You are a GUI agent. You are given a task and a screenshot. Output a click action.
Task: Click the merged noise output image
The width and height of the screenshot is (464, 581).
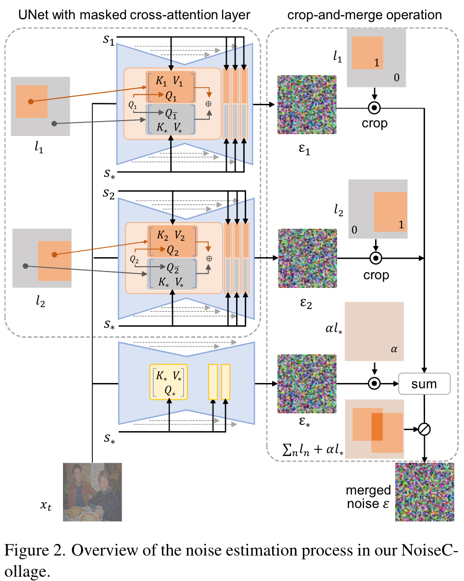pos(425,492)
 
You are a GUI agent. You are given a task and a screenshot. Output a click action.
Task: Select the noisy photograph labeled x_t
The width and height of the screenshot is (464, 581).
pos(92,492)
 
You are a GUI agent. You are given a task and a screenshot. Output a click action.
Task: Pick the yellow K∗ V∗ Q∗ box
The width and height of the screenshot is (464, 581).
pos(169,382)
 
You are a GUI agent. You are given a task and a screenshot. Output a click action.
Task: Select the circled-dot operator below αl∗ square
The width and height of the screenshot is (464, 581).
pos(375,383)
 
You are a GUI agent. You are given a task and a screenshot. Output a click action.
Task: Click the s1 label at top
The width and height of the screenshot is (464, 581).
pos(109,39)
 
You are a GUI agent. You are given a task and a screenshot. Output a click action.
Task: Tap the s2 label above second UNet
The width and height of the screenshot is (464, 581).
pos(109,194)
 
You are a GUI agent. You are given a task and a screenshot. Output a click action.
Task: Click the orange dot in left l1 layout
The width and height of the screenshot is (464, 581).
pos(30,101)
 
